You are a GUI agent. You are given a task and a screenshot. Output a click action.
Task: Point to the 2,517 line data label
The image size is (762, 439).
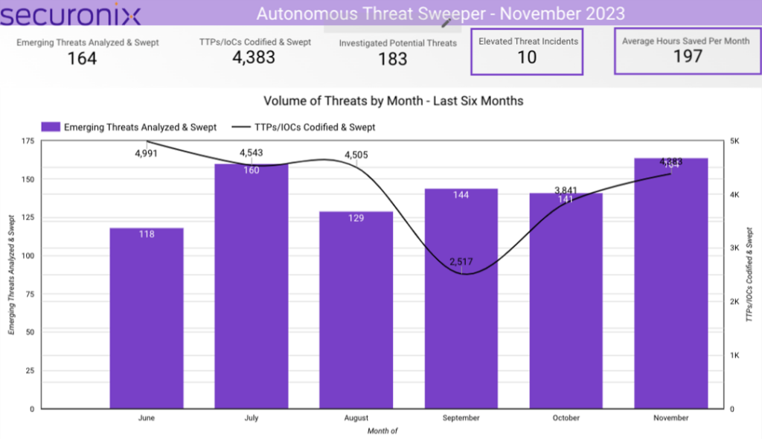pyautogui.click(x=461, y=262)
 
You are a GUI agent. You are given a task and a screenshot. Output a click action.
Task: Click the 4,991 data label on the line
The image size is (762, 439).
pyautogui.click(x=147, y=153)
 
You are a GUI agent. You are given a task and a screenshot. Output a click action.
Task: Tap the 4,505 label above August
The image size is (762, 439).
pyautogui.click(x=356, y=155)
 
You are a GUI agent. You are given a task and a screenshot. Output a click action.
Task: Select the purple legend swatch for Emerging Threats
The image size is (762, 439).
pyautogui.click(x=51, y=127)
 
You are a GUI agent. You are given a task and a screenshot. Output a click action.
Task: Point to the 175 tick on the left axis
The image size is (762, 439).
pyautogui.click(x=27, y=141)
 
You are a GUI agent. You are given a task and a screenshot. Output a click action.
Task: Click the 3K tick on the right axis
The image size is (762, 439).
pyautogui.click(x=734, y=248)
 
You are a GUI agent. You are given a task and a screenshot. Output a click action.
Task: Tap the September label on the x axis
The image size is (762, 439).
pyautogui.click(x=461, y=418)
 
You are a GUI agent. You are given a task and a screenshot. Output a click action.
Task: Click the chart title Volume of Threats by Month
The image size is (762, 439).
pyautogui.click(x=393, y=100)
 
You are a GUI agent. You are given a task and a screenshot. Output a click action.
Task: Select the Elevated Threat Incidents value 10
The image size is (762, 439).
pyautogui.click(x=527, y=58)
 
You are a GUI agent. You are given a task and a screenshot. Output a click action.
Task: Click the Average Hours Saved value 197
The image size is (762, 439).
pyautogui.click(x=687, y=57)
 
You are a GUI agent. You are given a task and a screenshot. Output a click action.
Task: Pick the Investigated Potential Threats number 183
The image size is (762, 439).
pyautogui.click(x=392, y=60)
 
